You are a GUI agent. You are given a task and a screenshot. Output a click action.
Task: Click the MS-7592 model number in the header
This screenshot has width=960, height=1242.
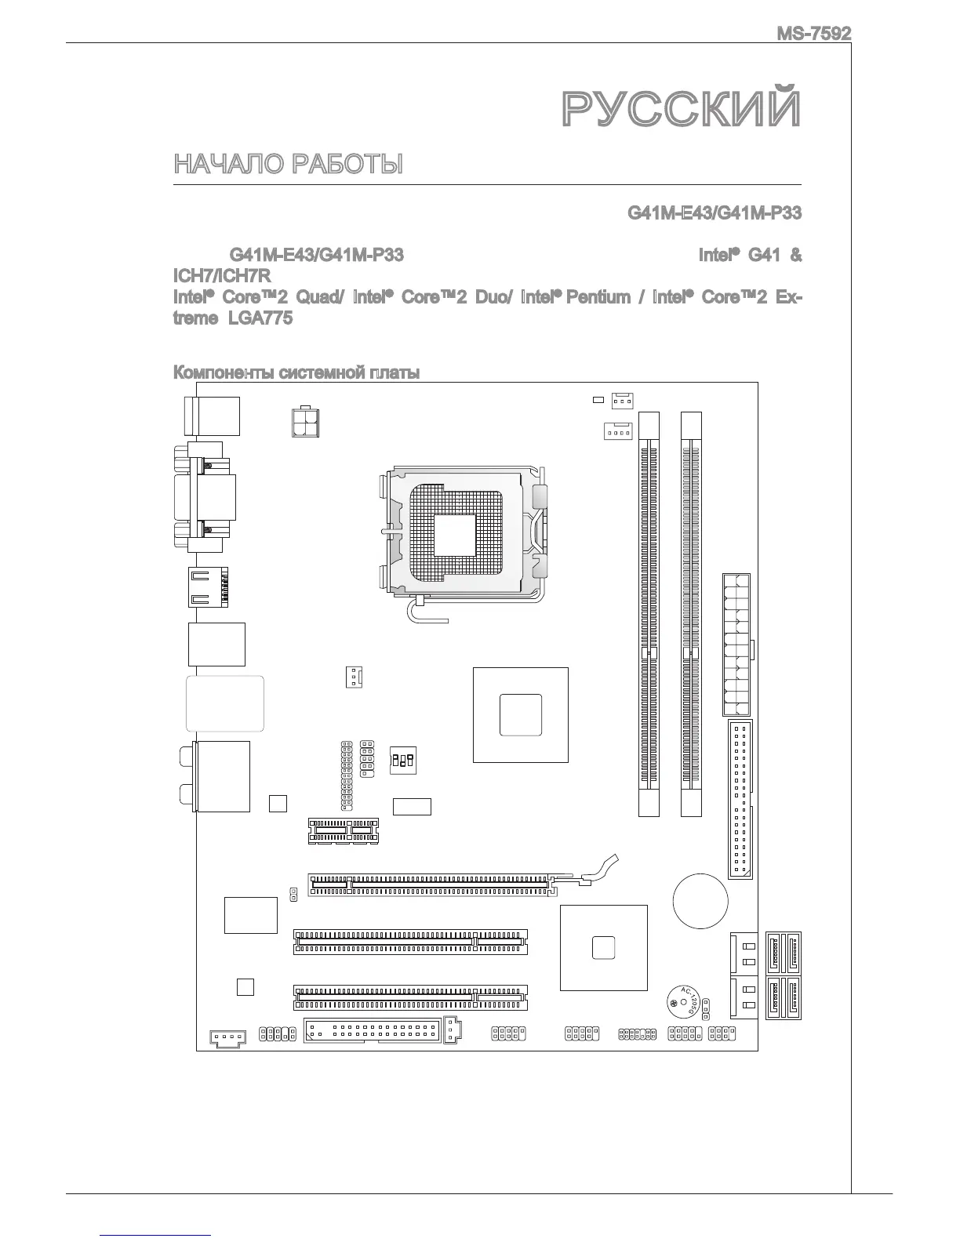click(813, 34)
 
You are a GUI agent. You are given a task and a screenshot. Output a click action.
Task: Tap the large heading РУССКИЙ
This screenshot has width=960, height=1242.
click(682, 109)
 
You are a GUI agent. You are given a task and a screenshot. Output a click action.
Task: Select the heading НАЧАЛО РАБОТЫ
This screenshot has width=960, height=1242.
click(288, 165)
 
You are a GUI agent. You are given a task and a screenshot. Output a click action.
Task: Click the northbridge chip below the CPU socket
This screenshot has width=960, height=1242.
click(520, 714)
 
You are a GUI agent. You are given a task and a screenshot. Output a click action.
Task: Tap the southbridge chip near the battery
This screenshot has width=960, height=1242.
click(604, 946)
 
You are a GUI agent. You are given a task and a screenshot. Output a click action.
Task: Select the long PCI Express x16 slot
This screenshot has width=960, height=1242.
click(432, 884)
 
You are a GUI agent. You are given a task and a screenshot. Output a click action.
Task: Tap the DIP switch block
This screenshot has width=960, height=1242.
click(402, 759)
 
